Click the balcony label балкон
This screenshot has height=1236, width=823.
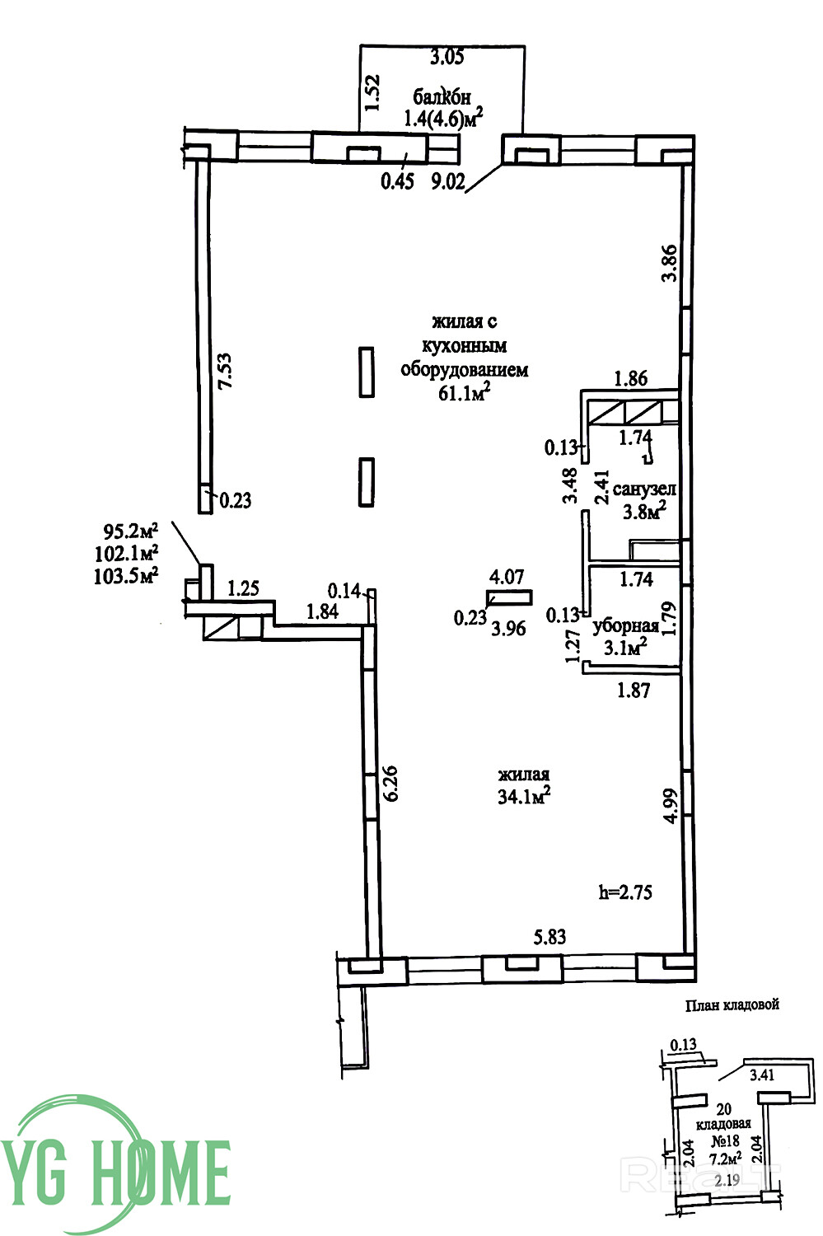click(x=442, y=96)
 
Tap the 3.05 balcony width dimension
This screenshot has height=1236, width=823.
click(x=447, y=57)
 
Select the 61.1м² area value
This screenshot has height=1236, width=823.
click(x=464, y=393)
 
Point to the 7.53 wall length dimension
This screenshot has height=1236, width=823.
click(x=226, y=371)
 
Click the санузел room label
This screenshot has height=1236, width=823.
click(x=643, y=489)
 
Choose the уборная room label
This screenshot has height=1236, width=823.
click(x=625, y=625)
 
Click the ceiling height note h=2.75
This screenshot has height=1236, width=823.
click(x=625, y=892)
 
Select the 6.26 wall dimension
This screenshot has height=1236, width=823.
click(x=390, y=783)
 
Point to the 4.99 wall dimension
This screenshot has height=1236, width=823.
click(x=671, y=806)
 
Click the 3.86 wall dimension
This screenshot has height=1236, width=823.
click(x=670, y=263)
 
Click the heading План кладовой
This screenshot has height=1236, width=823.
click(x=732, y=1004)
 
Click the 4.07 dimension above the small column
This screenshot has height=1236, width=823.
click(x=507, y=577)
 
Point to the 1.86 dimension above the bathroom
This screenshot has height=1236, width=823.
click(x=631, y=378)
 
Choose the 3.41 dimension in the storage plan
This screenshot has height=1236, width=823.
click(x=762, y=1074)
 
